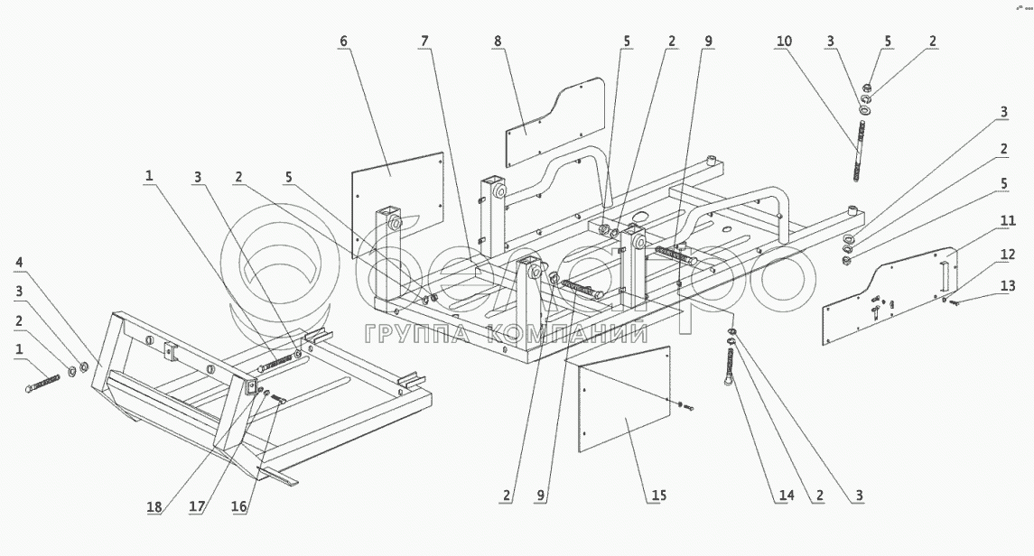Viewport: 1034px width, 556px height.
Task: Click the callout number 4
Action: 19,263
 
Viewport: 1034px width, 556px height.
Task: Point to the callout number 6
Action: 344,42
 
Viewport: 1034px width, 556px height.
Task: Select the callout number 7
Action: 424,42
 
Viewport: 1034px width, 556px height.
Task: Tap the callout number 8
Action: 498,42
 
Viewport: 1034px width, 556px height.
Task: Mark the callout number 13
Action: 1007,286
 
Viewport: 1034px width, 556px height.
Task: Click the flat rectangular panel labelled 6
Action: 397,203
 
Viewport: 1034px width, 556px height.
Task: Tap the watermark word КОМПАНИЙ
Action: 565,335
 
